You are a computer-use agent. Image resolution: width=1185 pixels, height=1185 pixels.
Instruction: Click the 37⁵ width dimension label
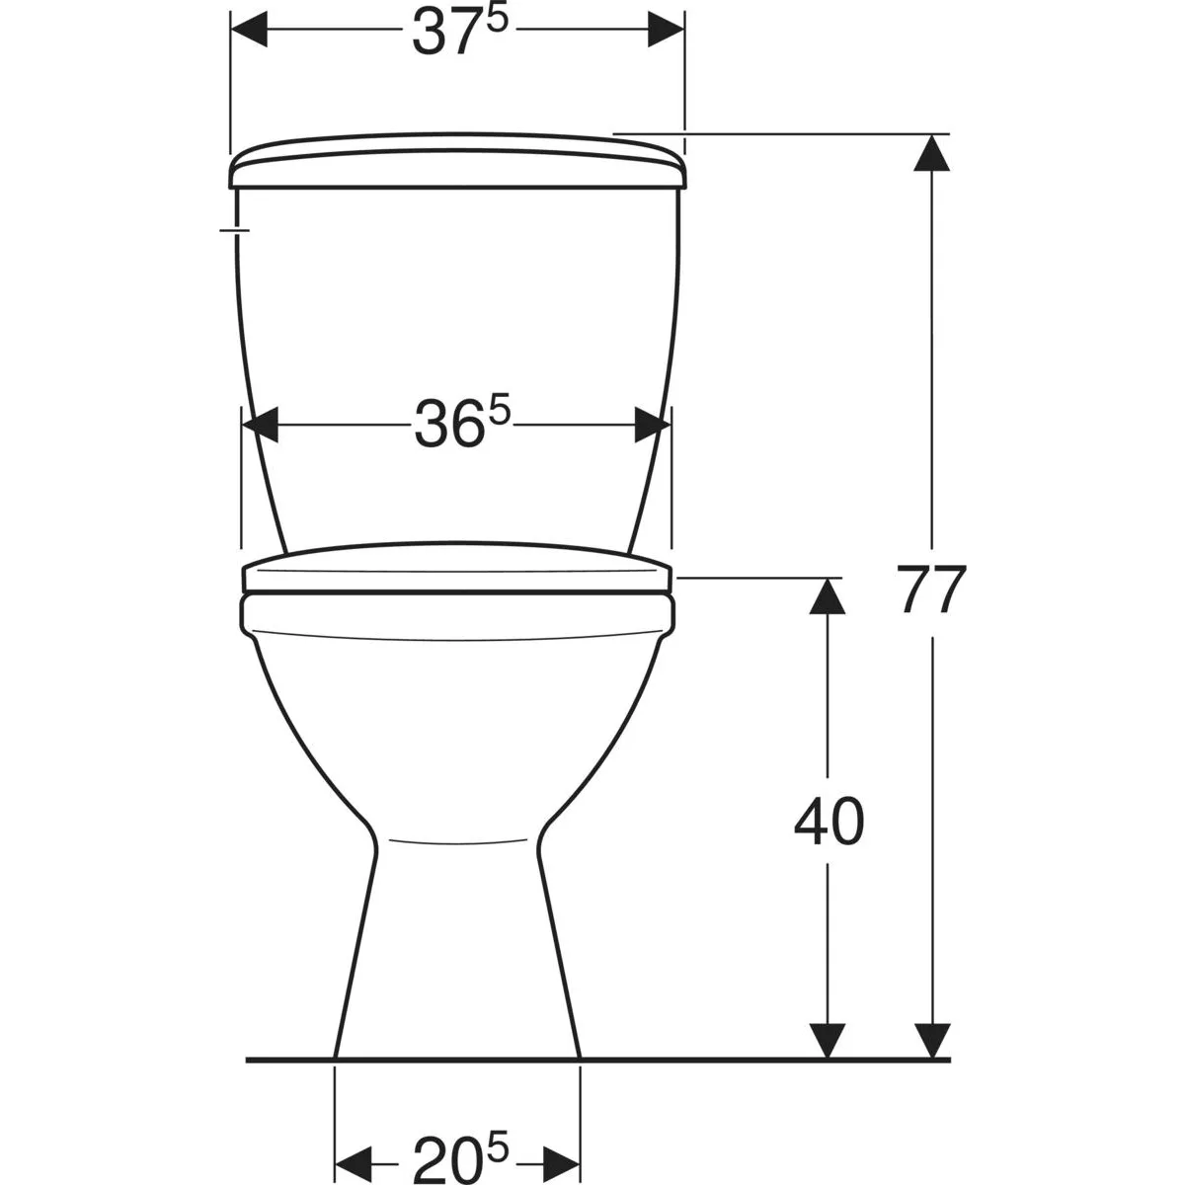pyautogui.click(x=460, y=31)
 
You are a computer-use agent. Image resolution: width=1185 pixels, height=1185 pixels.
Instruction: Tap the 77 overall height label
pyautogui.click(x=931, y=591)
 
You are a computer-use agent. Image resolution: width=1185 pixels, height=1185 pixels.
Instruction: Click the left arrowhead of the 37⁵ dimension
pyautogui.click(x=249, y=29)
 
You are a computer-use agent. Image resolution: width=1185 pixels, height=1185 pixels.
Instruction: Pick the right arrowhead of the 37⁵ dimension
pyautogui.click(x=666, y=29)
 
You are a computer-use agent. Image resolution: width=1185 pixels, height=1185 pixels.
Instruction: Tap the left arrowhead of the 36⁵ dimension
pyautogui.click(x=260, y=425)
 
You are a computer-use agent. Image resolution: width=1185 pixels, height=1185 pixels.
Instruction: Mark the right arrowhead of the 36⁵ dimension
pyautogui.click(x=653, y=425)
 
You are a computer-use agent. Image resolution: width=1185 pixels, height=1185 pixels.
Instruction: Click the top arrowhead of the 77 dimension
pyautogui.click(x=932, y=152)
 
